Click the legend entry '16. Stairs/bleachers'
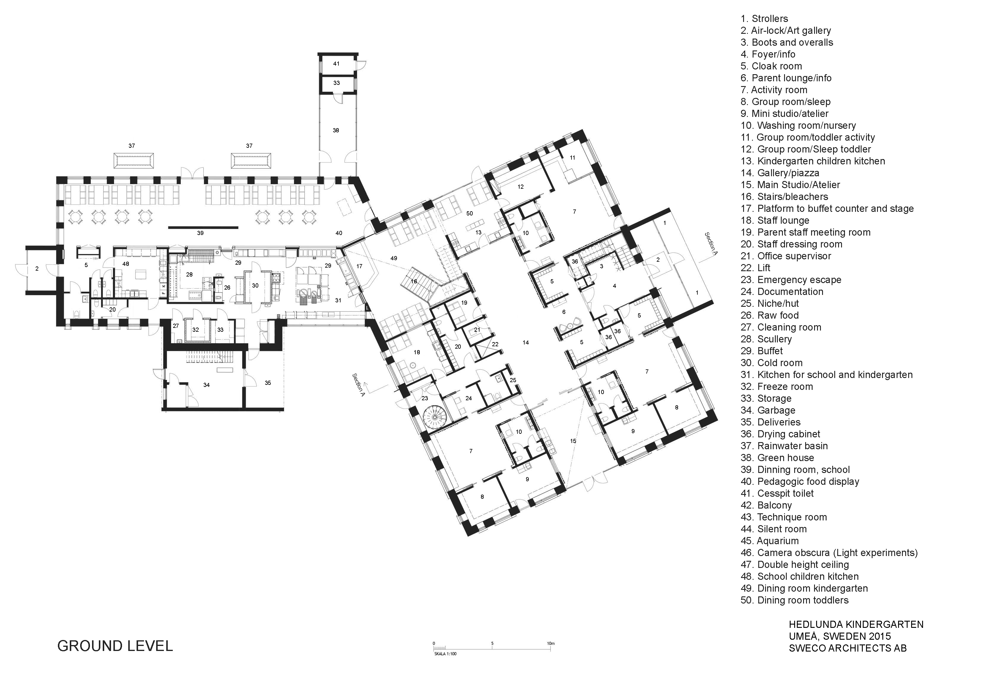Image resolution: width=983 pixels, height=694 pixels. tap(784, 197)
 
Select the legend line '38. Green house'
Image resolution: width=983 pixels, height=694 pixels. tap(777, 458)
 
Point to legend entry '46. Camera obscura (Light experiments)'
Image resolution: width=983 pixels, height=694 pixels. tap(829, 553)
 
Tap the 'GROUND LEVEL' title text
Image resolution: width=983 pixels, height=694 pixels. tap(115, 646)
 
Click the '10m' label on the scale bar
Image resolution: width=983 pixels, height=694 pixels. tap(551, 643)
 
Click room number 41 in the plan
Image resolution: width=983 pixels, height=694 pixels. tap(336, 63)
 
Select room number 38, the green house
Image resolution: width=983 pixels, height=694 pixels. tap(336, 130)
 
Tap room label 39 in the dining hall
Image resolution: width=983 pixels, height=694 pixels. tap(200, 233)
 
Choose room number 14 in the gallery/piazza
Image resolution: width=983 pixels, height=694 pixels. tap(526, 342)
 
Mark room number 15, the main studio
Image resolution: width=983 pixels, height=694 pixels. tap(573, 441)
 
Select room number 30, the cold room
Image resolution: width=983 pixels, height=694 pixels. tap(255, 285)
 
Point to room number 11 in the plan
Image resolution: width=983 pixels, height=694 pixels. tap(572, 158)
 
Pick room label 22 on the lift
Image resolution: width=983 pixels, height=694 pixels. tap(495, 344)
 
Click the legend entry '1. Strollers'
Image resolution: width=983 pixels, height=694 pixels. tap(764, 19)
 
